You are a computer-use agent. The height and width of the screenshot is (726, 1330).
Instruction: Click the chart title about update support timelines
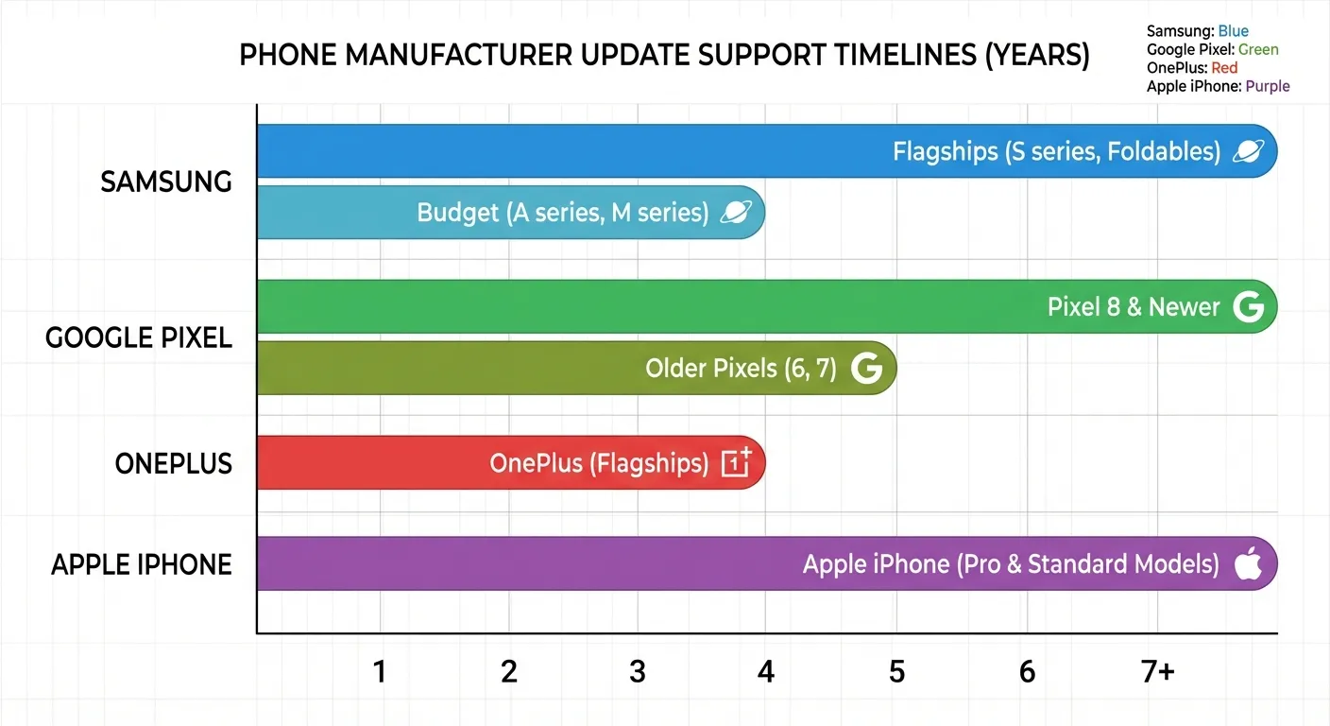[x=664, y=56]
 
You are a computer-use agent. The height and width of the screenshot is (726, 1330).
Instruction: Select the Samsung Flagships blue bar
[x=661, y=151]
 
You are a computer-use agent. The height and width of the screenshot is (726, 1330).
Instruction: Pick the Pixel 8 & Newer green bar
[x=661, y=306]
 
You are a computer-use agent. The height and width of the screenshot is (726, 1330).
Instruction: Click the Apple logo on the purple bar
[x=1248, y=563]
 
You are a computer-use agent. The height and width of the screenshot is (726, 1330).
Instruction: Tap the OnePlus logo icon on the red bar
[x=736, y=462]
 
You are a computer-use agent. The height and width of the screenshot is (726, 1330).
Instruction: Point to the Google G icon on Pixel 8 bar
[x=1248, y=306]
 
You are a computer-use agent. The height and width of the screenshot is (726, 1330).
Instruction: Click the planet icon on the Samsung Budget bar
[x=736, y=212]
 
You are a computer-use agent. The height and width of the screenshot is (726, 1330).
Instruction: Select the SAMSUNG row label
[x=166, y=181]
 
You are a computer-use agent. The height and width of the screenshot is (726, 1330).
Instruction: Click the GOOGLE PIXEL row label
[x=139, y=337]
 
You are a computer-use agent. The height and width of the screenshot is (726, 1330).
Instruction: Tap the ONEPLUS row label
[x=173, y=463]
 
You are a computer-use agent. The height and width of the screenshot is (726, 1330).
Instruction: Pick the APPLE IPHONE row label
[x=142, y=564]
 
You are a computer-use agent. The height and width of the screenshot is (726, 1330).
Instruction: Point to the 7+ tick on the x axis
[x=1157, y=672]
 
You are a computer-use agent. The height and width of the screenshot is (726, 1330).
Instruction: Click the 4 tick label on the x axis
[x=766, y=672]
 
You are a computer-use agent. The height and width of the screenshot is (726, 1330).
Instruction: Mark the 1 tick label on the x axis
[x=380, y=672]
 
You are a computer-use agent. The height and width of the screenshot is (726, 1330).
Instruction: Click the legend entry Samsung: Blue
[x=1197, y=31]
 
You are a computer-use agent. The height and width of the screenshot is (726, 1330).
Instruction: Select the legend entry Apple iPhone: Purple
[x=1218, y=86]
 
